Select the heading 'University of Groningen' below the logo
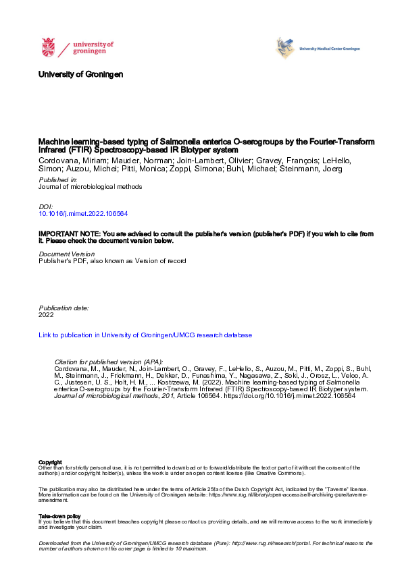click(x=81, y=74)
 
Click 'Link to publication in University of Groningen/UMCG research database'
click(x=145, y=335)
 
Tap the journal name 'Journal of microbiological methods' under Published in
click(x=91, y=187)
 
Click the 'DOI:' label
click(x=46, y=206)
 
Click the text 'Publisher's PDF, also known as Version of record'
click(x=112, y=260)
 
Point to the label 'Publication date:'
click(x=64, y=308)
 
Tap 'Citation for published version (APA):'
click(x=108, y=362)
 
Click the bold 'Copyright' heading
click(x=51, y=462)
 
